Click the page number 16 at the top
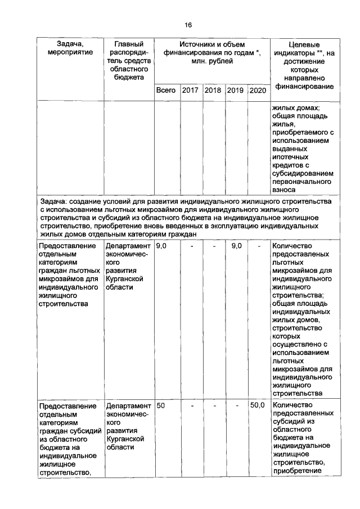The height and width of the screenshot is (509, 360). pyautogui.click(x=188, y=25)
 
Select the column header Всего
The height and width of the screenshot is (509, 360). pyautogui.click(x=166, y=90)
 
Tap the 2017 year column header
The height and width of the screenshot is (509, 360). pyautogui.click(x=191, y=90)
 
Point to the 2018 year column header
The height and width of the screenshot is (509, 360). pyautogui.click(x=213, y=90)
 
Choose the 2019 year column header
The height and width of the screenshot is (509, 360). pyautogui.click(x=236, y=90)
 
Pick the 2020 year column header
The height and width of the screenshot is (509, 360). pyautogui.click(x=258, y=90)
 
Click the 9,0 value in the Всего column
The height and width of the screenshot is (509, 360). pyautogui.click(x=161, y=246)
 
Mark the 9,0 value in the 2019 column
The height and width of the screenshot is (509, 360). pyautogui.click(x=236, y=246)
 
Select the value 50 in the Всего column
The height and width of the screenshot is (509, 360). pyautogui.click(x=161, y=406)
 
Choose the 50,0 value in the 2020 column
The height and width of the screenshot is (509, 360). pyautogui.click(x=257, y=406)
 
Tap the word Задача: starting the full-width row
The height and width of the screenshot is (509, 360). pyautogui.click(x=57, y=201)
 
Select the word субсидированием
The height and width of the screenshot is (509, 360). pyautogui.click(x=302, y=174)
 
